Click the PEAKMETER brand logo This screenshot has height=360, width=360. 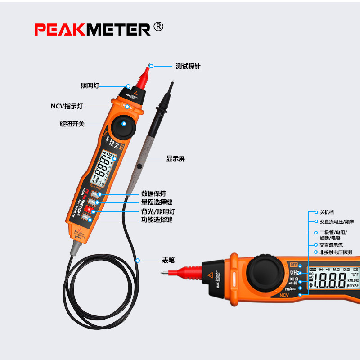pos(92,30)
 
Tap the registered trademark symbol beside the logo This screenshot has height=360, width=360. pos(158,27)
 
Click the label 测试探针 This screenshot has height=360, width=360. pos(188,66)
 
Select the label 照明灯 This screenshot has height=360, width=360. pos(90,85)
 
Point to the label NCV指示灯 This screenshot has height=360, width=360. pos(67,107)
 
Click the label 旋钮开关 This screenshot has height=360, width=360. pos(72,124)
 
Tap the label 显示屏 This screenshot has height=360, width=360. pos(175,158)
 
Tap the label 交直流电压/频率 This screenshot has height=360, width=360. pos(337,221)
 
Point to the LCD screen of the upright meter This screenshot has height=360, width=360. pos(106,166)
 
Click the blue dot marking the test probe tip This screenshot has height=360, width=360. pos(152,66)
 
